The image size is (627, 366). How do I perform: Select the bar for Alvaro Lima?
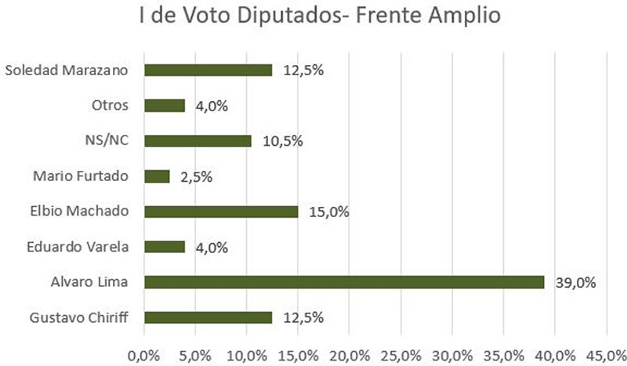[344, 282]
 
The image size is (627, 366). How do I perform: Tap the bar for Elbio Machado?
[221, 212]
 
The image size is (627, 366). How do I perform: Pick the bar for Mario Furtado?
[157, 176]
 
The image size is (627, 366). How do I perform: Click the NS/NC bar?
[198, 141]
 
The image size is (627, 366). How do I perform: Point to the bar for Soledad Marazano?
[208, 71]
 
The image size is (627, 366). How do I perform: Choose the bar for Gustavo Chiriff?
[208, 317]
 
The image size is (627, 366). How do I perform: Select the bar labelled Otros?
[165, 106]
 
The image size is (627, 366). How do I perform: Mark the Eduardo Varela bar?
[165, 247]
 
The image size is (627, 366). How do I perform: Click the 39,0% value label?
[575, 282]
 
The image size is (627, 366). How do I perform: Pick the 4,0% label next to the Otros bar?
[212, 106]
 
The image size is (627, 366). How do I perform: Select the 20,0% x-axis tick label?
[350, 353]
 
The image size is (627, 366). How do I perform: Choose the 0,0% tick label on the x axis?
[145, 353]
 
